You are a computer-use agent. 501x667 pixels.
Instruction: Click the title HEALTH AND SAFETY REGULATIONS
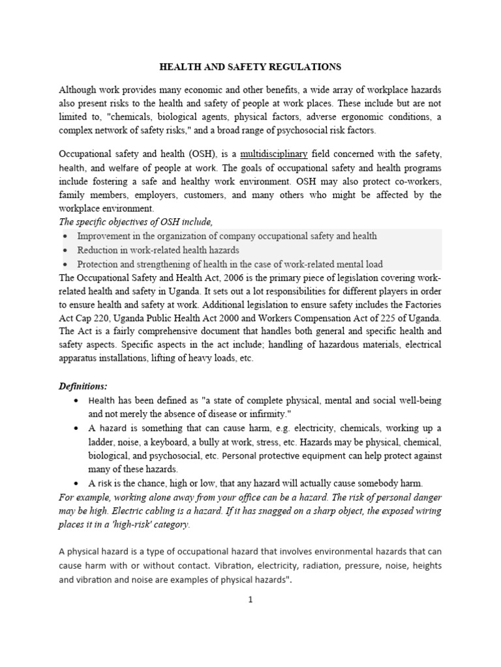tap(250, 66)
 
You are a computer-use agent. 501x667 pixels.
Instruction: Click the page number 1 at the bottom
tap(250, 600)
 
